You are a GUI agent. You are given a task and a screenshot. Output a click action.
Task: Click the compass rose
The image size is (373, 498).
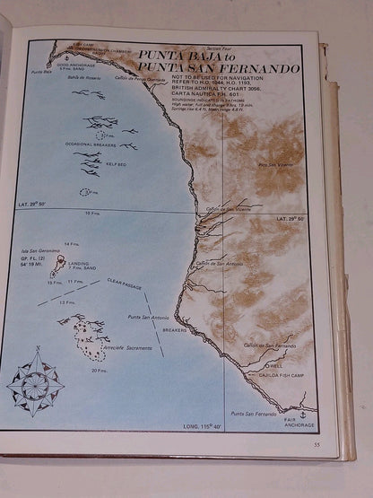[36, 381]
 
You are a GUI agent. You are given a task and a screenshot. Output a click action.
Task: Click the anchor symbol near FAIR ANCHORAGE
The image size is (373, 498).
[301, 414]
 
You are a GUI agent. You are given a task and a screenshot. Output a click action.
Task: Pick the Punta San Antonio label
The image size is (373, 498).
[148, 317]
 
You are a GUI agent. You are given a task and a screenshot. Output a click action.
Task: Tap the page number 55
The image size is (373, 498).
[316, 444]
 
